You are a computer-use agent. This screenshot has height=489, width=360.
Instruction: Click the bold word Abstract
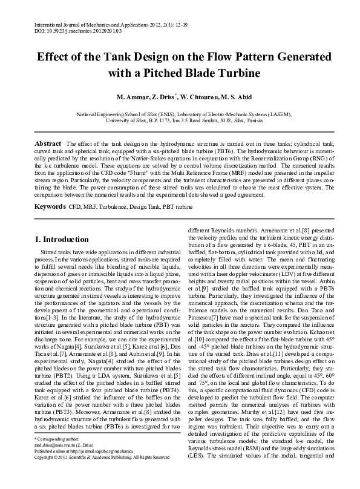(47, 142)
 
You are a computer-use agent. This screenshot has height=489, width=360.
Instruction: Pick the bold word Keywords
(50, 206)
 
